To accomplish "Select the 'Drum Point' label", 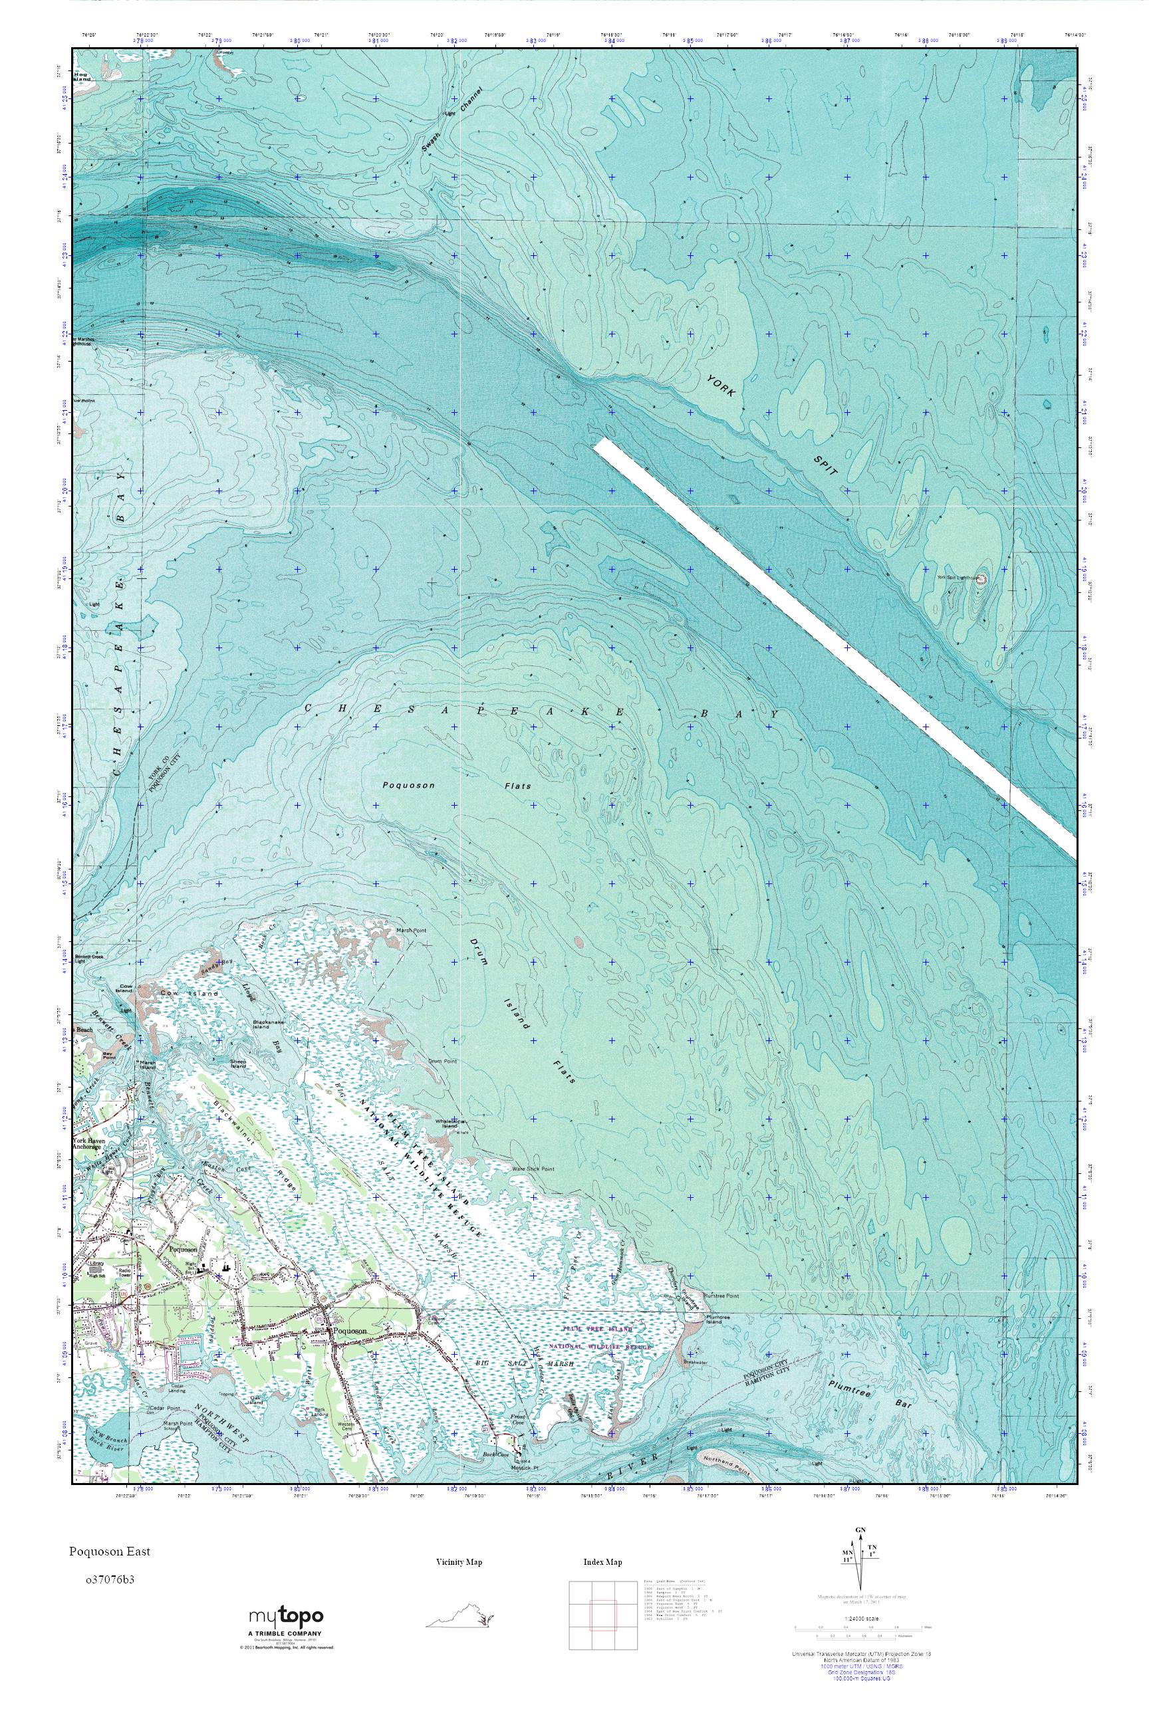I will click(x=443, y=1060).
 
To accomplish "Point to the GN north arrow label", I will click(x=861, y=1551).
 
